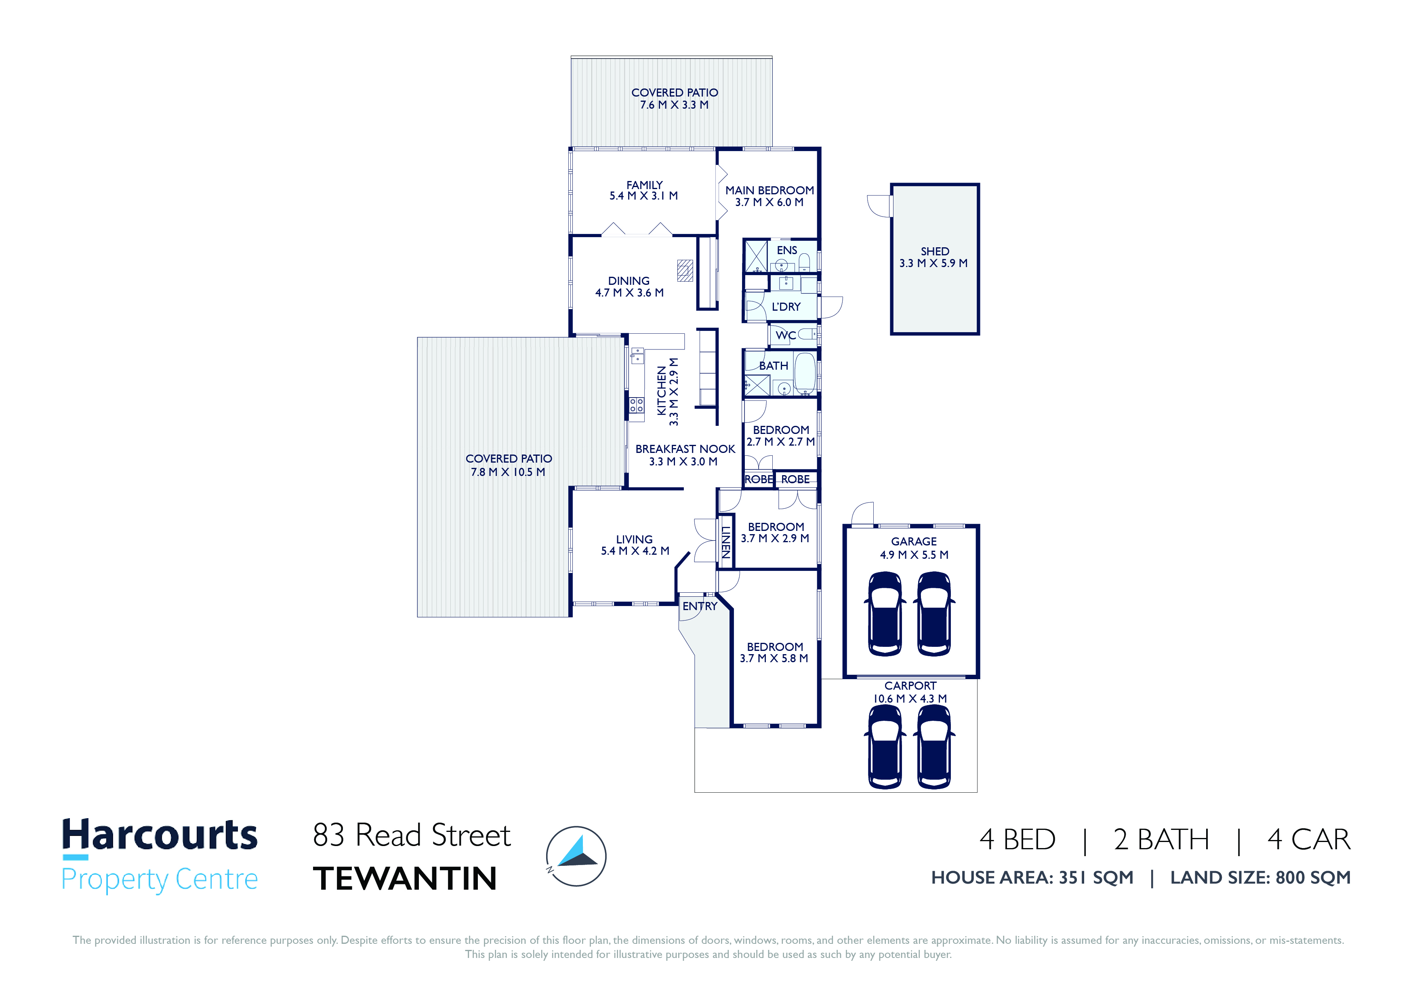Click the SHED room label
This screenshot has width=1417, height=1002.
point(934,251)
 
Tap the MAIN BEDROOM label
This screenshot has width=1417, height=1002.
point(769,190)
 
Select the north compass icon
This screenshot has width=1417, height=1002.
point(576,856)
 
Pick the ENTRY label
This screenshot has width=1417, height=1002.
point(700,606)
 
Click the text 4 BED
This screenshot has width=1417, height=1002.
point(1017,840)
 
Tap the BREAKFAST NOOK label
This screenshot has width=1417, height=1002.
point(685,449)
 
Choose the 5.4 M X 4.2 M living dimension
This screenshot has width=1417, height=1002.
point(635,551)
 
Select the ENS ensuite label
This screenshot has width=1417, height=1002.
point(787,250)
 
